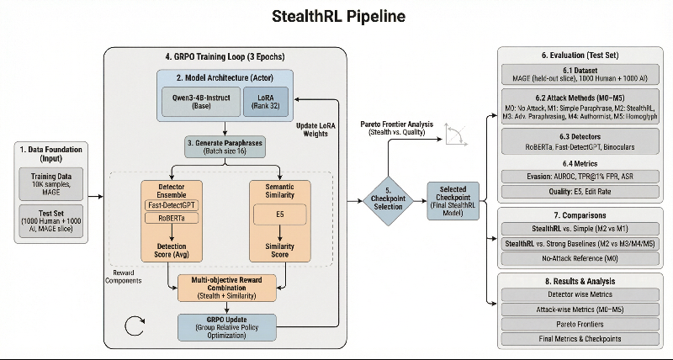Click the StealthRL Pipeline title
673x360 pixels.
tap(336, 16)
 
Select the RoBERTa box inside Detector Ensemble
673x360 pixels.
tap(172, 219)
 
